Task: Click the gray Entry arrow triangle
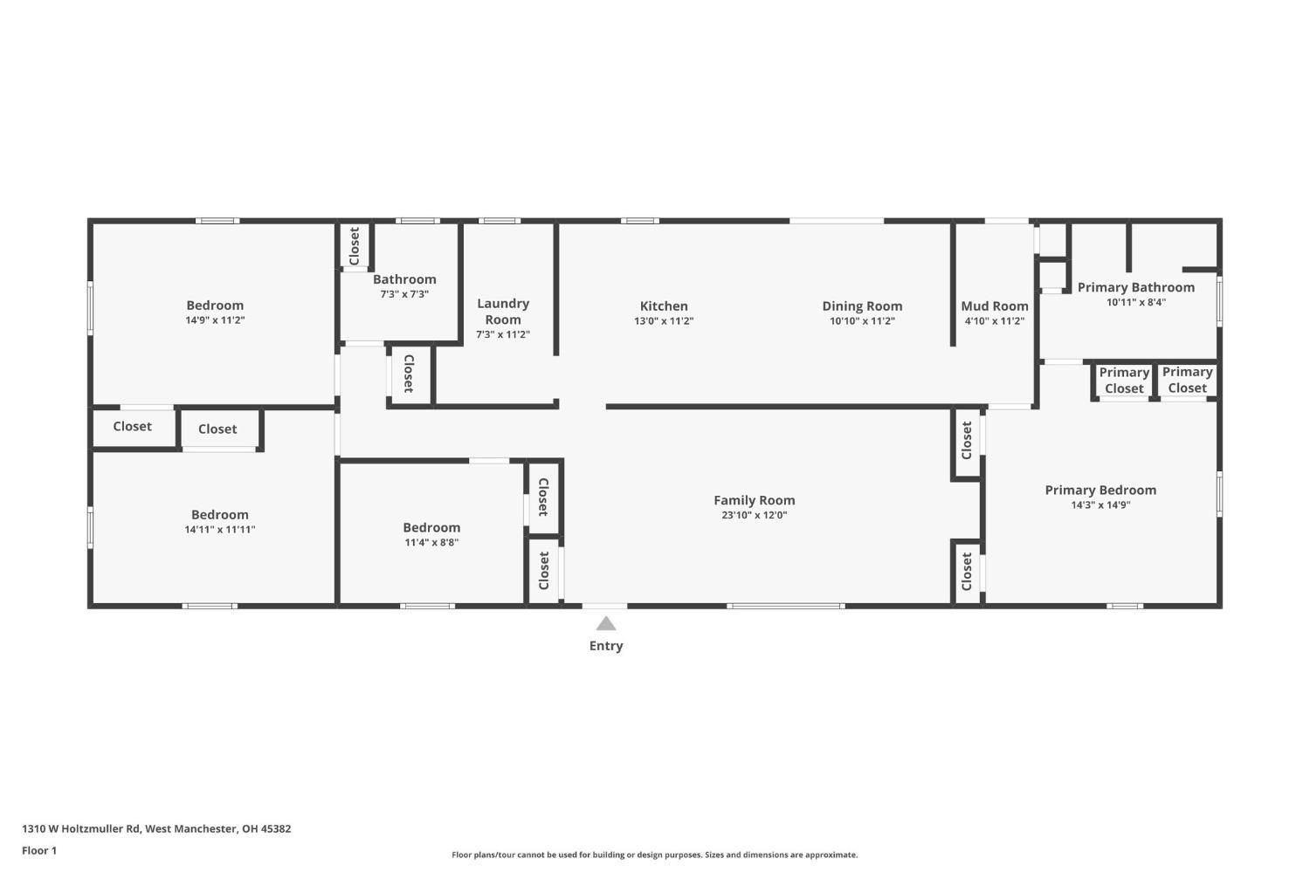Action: click(605, 623)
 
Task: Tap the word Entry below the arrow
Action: click(605, 646)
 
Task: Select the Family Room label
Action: click(754, 500)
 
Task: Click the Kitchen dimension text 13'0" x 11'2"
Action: click(664, 321)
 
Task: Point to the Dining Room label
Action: click(862, 306)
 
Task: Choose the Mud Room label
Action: click(994, 306)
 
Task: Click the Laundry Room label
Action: click(502, 311)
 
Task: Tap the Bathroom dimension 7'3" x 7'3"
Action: click(403, 294)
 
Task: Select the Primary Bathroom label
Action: click(1135, 287)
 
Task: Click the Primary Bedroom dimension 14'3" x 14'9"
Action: click(1100, 505)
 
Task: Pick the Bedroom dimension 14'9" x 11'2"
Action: click(215, 320)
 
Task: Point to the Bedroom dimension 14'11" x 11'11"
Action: click(220, 530)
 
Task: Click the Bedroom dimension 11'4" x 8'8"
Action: click(431, 542)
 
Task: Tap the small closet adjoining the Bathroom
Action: click(355, 246)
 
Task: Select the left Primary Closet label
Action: click(1123, 381)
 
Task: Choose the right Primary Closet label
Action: click(1187, 380)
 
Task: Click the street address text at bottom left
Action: click(156, 828)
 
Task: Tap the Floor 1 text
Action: click(39, 850)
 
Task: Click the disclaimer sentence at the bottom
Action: click(654, 855)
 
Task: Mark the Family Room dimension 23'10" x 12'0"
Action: click(754, 515)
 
